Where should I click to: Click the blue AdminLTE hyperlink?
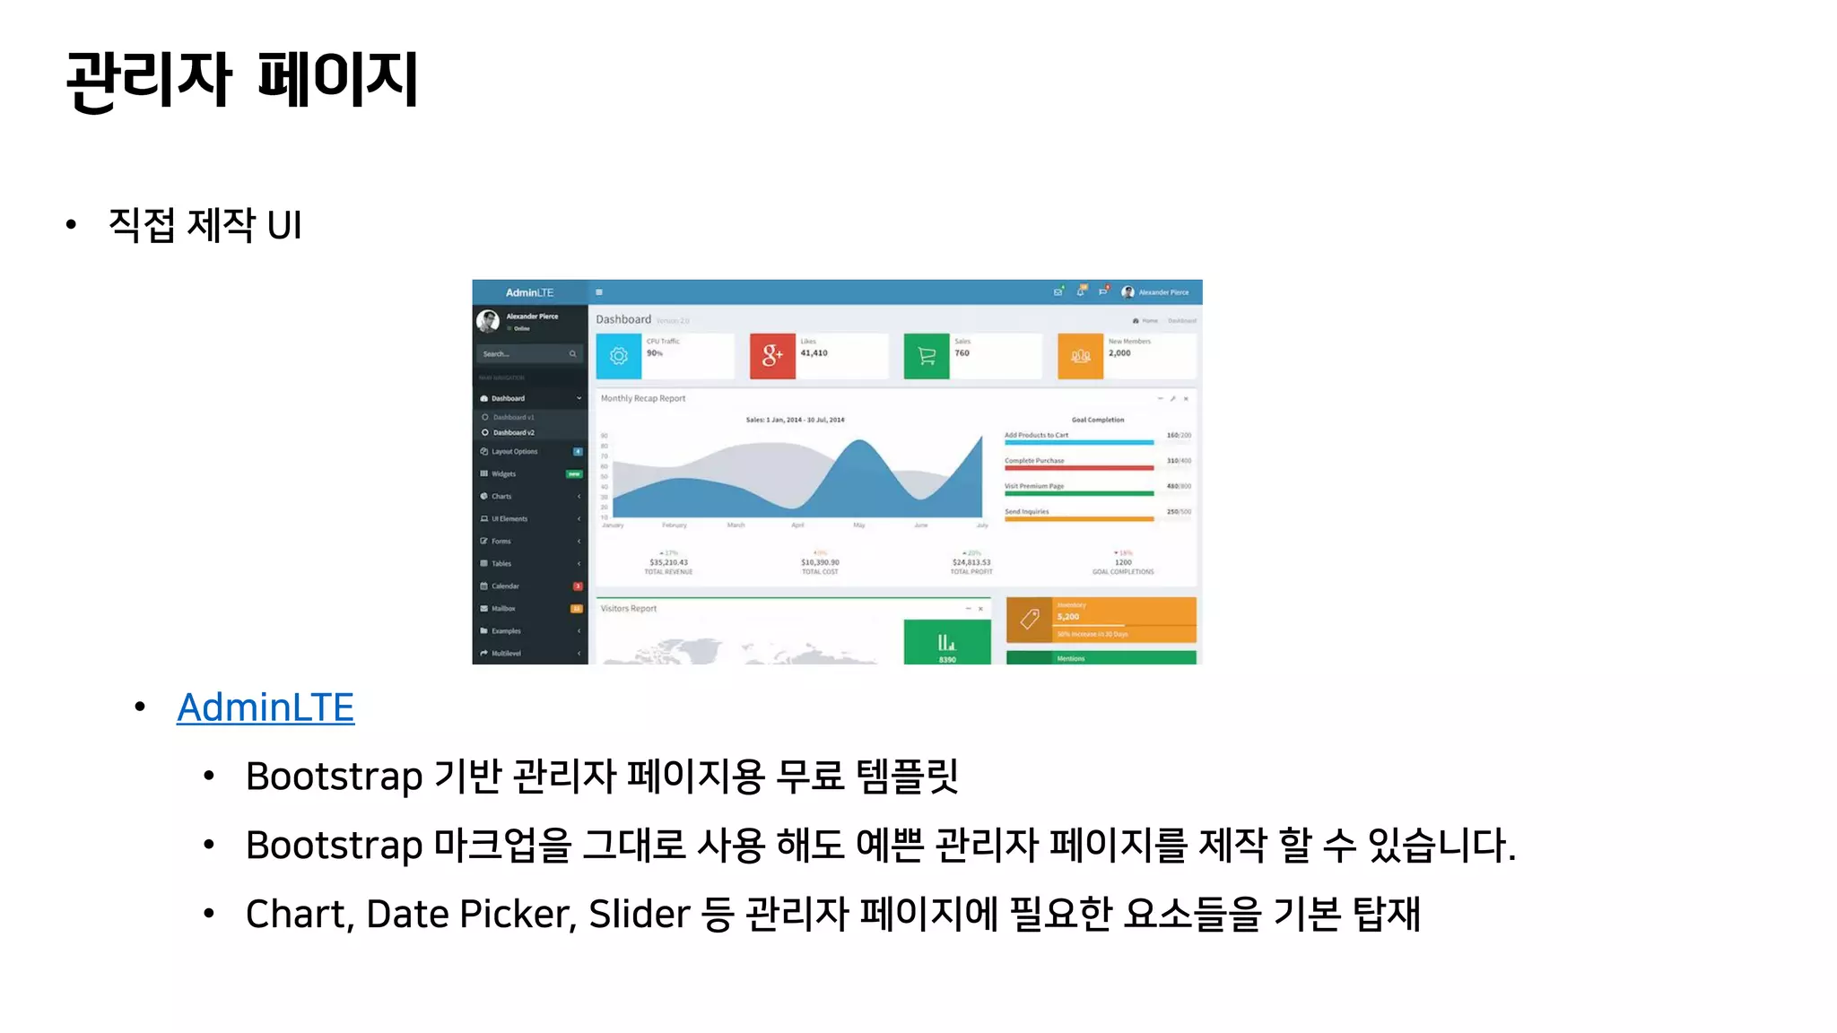click(x=266, y=707)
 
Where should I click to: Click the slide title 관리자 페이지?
click(x=242, y=80)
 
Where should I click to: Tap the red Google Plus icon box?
click(x=772, y=356)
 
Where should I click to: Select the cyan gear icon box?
click(x=619, y=356)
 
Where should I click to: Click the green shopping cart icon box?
click(x=927, y=356)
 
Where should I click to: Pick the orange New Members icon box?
click(x=1080, y=356)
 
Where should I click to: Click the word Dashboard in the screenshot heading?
click(x=623, y=319)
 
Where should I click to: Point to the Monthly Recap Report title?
click(x=643, y=398)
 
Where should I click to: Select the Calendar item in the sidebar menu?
click(x=505, y=586)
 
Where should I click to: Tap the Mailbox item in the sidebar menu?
click(x=503, y=609)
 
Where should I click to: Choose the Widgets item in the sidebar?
click(x=503, y=474)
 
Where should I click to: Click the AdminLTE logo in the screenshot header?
click(x=529, y=292)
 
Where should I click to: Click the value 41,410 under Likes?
click(x=814, y=353)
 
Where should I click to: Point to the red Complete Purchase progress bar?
click(x=1079, y=468)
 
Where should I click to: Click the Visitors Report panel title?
click(x=629, y=609)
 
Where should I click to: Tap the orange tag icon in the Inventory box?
click(x=1030, y=619)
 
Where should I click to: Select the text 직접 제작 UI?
click(x=205, y=225)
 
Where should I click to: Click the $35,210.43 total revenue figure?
click(x=669, y=562)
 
